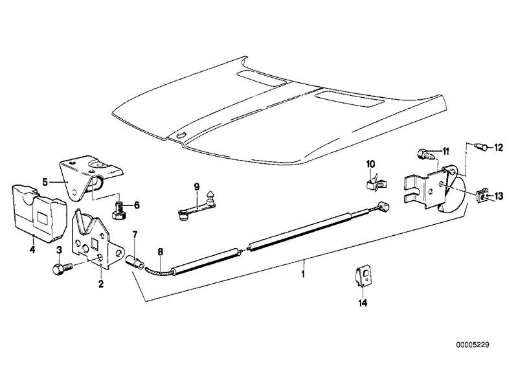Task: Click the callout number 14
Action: pyautogui.click(x=363, y=303)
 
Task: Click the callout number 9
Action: pyautogui.click(x=197, y=187)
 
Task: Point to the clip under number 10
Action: pyautogui.click(x=377, y=183)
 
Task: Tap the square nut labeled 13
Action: pyautogui.click(x=482, y=197)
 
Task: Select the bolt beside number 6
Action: pyautogui.click(x=119, y=210)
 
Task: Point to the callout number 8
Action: pyautogui.click(x=160, y=251)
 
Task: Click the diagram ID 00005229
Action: pyautogui.click(x=473, y=345)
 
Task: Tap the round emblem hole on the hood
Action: pyautogui.click(x=181, y=135)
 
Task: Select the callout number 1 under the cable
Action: pyautogui.click(x=303, y=274)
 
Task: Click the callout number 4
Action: pyautogui.click(x=32, y=249)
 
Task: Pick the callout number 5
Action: pyautogui.click(x=45, y=181)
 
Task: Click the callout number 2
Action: pyautogui.click(x=101, y=283)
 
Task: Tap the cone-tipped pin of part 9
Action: pyautogui.click(x=210, y=197)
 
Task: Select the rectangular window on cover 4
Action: pyautogui.click(x=43, y=218)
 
